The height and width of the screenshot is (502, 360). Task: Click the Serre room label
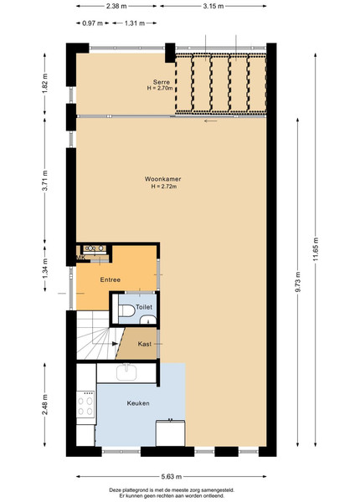point(161,82)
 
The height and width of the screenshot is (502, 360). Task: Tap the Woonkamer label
point(162,179)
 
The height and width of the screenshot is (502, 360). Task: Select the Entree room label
point(111,279)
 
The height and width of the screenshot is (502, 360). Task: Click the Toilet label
point(144,307)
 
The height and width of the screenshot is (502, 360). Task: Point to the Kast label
point(145,344)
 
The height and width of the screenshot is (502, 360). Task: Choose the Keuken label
point(138,403)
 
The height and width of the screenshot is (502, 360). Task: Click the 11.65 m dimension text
point(316,249)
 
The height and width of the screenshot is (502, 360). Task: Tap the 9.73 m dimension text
point(298,282)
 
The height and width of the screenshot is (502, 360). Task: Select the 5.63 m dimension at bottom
point(172,477)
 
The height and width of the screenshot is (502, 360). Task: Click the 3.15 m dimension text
point(213,6)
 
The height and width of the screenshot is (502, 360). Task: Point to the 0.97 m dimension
point(93,23)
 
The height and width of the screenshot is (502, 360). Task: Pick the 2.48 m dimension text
point(45,405)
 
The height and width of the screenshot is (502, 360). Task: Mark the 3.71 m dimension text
point(45,181)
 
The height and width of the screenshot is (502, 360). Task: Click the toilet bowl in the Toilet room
point(126,310)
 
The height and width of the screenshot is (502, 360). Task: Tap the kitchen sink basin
point(126,372)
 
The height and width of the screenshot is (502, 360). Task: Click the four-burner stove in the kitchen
point(86,405)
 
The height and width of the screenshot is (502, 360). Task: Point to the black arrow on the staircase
point(116,344)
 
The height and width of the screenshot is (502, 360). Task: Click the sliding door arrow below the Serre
point(211,121)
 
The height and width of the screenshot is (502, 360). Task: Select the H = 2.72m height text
point(164,187)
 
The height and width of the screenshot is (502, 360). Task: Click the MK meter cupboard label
point(80,258)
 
